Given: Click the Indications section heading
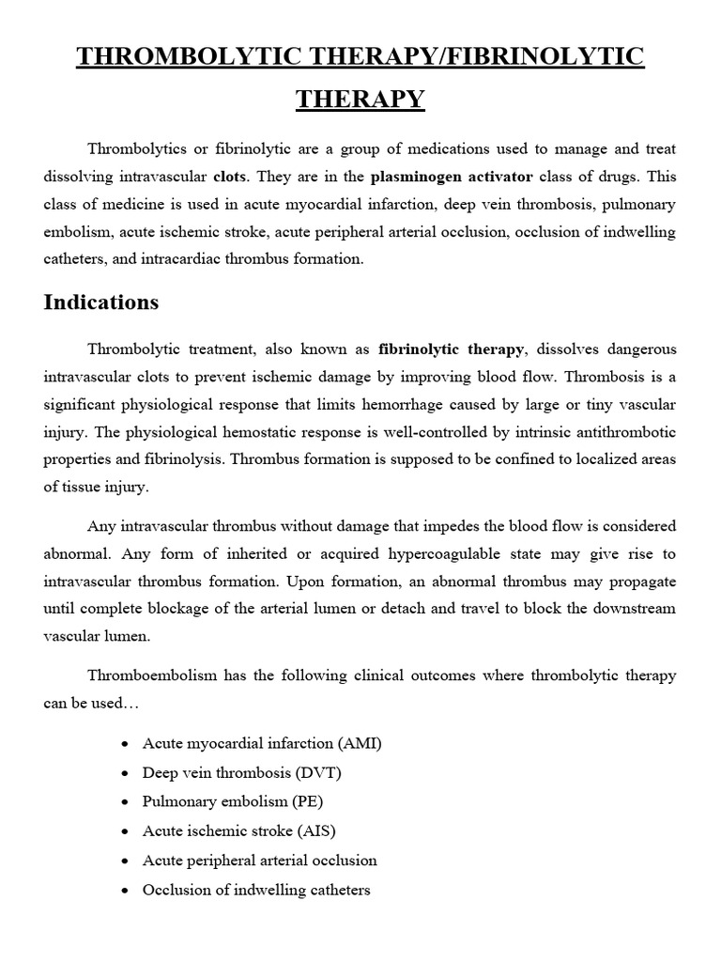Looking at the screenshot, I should click(x=101, y=303).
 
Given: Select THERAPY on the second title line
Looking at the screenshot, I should click(x=360, y=99).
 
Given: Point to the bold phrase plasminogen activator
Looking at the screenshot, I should click(x=452, y=176).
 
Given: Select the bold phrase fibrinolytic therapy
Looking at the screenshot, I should click(x=453, y=349).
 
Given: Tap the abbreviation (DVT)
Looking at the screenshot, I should click(x=317, y=772).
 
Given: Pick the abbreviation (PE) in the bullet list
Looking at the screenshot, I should click(x=312, y=801).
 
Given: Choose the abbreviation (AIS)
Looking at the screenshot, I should click(x=315, y=830).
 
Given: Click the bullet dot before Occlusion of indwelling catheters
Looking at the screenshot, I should click(x=126, y=890).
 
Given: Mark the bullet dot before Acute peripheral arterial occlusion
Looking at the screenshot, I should click(x=126, y=861).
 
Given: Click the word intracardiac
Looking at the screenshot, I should click(x=131, y=259).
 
